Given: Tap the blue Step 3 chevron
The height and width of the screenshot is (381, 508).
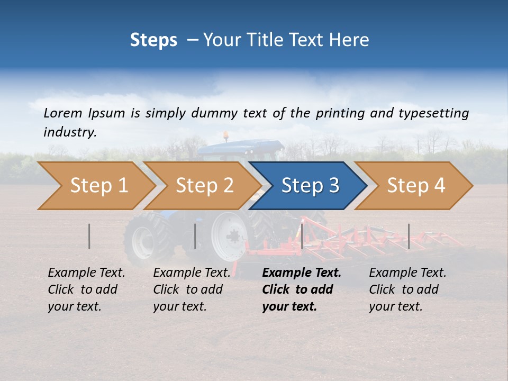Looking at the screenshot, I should (x=310, y=186).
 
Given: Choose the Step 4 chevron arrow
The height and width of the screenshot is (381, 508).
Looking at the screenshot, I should (x=415, y=186).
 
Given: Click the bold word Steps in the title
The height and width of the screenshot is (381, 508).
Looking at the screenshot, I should (x=153, y=40).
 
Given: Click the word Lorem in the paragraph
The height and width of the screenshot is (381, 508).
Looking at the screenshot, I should (x=63, y=113).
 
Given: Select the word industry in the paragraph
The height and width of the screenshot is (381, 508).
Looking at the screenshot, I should (x=70, y=132).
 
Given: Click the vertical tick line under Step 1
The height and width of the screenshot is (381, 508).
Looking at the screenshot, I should (x=89, y=236).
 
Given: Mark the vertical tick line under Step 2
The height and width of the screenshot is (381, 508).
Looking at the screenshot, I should (x=195, y=236).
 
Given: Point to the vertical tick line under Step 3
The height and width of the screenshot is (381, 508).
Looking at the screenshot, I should (x=302, y=236).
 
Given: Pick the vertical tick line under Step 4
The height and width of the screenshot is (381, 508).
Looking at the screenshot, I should (x=409, y=236).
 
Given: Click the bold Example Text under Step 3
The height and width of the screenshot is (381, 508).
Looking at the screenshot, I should (x=302, y=273).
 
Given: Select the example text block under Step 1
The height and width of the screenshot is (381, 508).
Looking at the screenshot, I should (x=86, y=289).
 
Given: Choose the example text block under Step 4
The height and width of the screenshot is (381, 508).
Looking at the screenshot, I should (x=407, y=289).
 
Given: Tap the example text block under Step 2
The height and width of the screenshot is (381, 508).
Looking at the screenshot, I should (x=192, y=289).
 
